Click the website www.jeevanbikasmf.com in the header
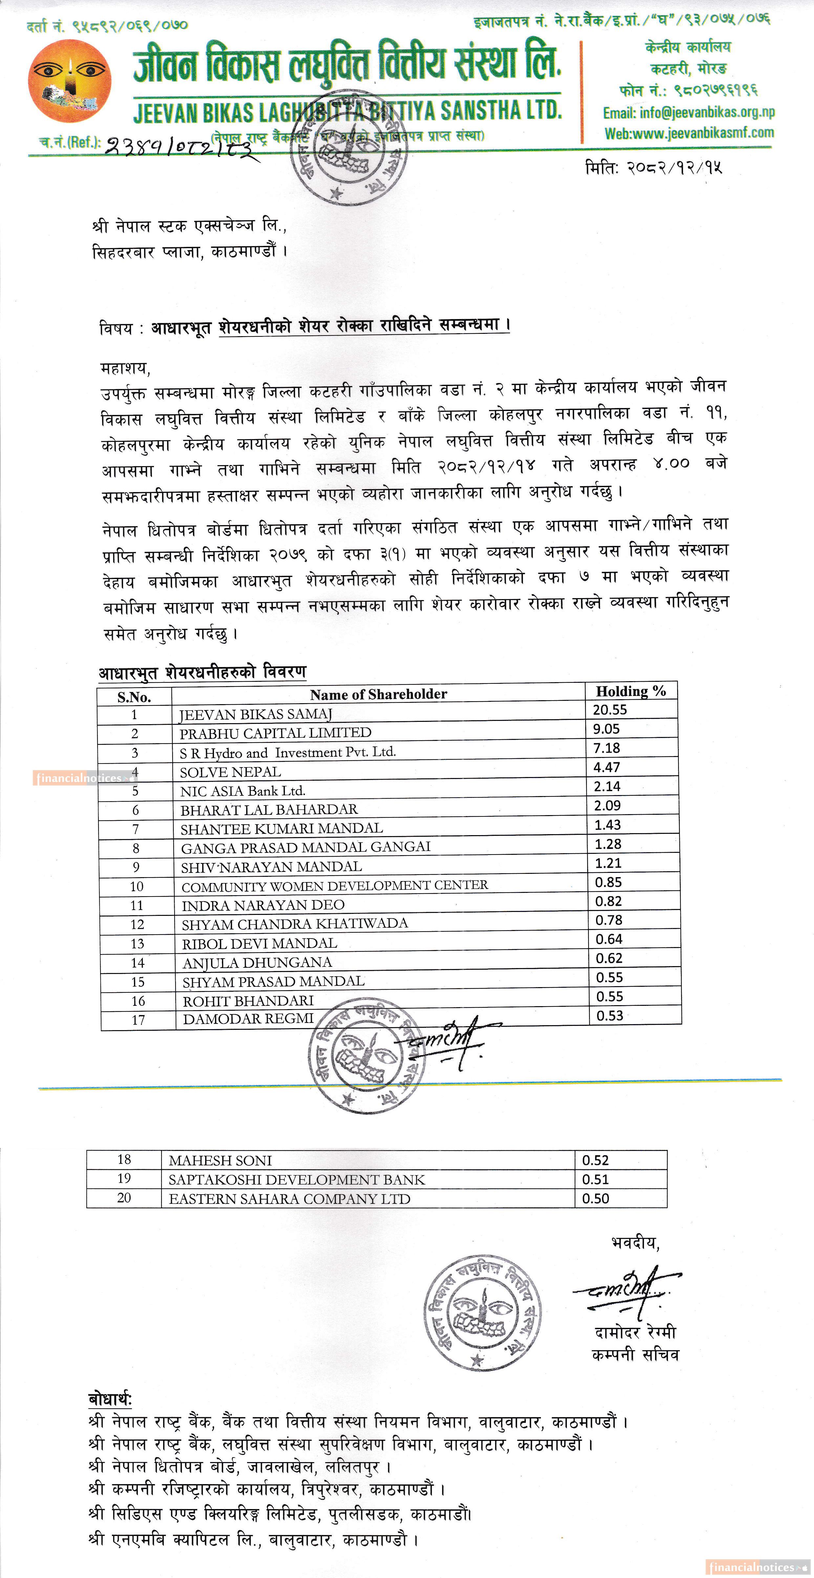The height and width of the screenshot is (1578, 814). [x=689, y=133]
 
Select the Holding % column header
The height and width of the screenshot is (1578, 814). [x=631, y=691]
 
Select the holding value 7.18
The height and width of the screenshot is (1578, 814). [x=606, y=748]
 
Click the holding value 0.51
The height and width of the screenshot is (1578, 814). [x=595, y=1179]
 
